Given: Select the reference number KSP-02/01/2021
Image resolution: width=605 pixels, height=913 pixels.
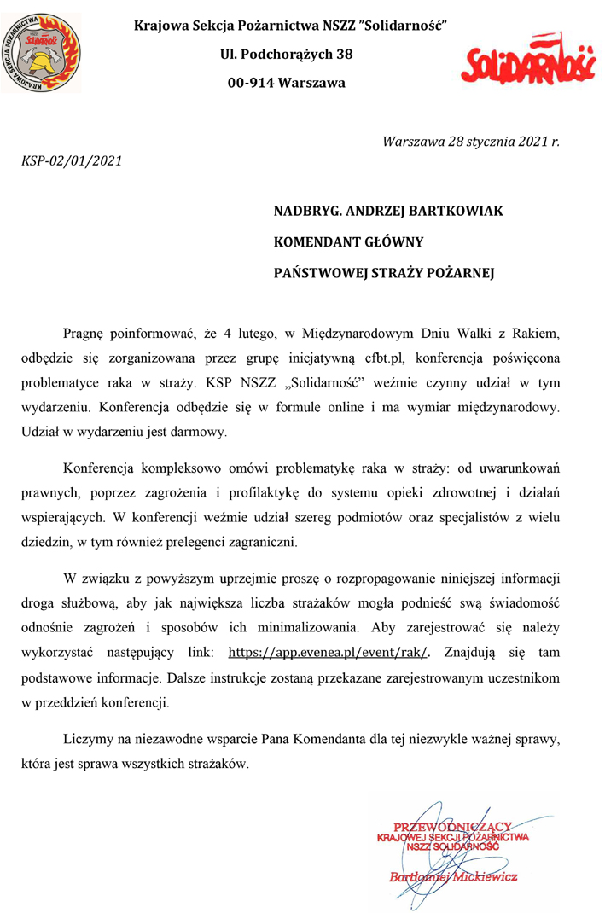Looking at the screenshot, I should coord(71,160).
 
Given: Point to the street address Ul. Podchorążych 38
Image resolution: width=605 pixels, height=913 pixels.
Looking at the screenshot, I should coord(287,55).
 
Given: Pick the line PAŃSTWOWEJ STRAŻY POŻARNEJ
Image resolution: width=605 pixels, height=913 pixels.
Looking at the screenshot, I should coord(384,274).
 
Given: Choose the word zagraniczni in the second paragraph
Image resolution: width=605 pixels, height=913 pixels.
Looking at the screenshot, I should coord(256,541).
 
